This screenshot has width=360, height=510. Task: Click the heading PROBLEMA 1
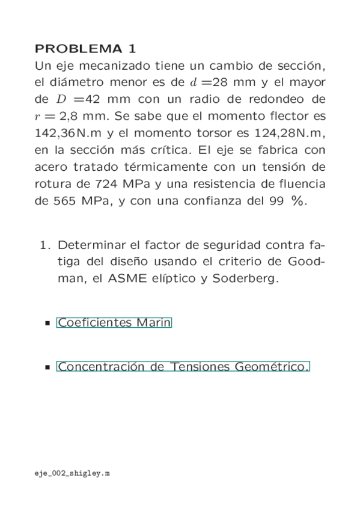click(86, 49)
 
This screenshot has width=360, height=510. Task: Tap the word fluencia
click(298, 183)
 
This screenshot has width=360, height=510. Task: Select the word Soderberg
click(249, 280)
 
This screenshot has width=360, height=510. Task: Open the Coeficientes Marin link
click(114, 323)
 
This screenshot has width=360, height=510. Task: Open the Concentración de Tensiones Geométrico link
click(183, 366)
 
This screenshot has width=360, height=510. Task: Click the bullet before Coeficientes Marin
click(47, 324)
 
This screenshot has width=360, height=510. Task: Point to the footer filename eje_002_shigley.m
click(72, 474)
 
